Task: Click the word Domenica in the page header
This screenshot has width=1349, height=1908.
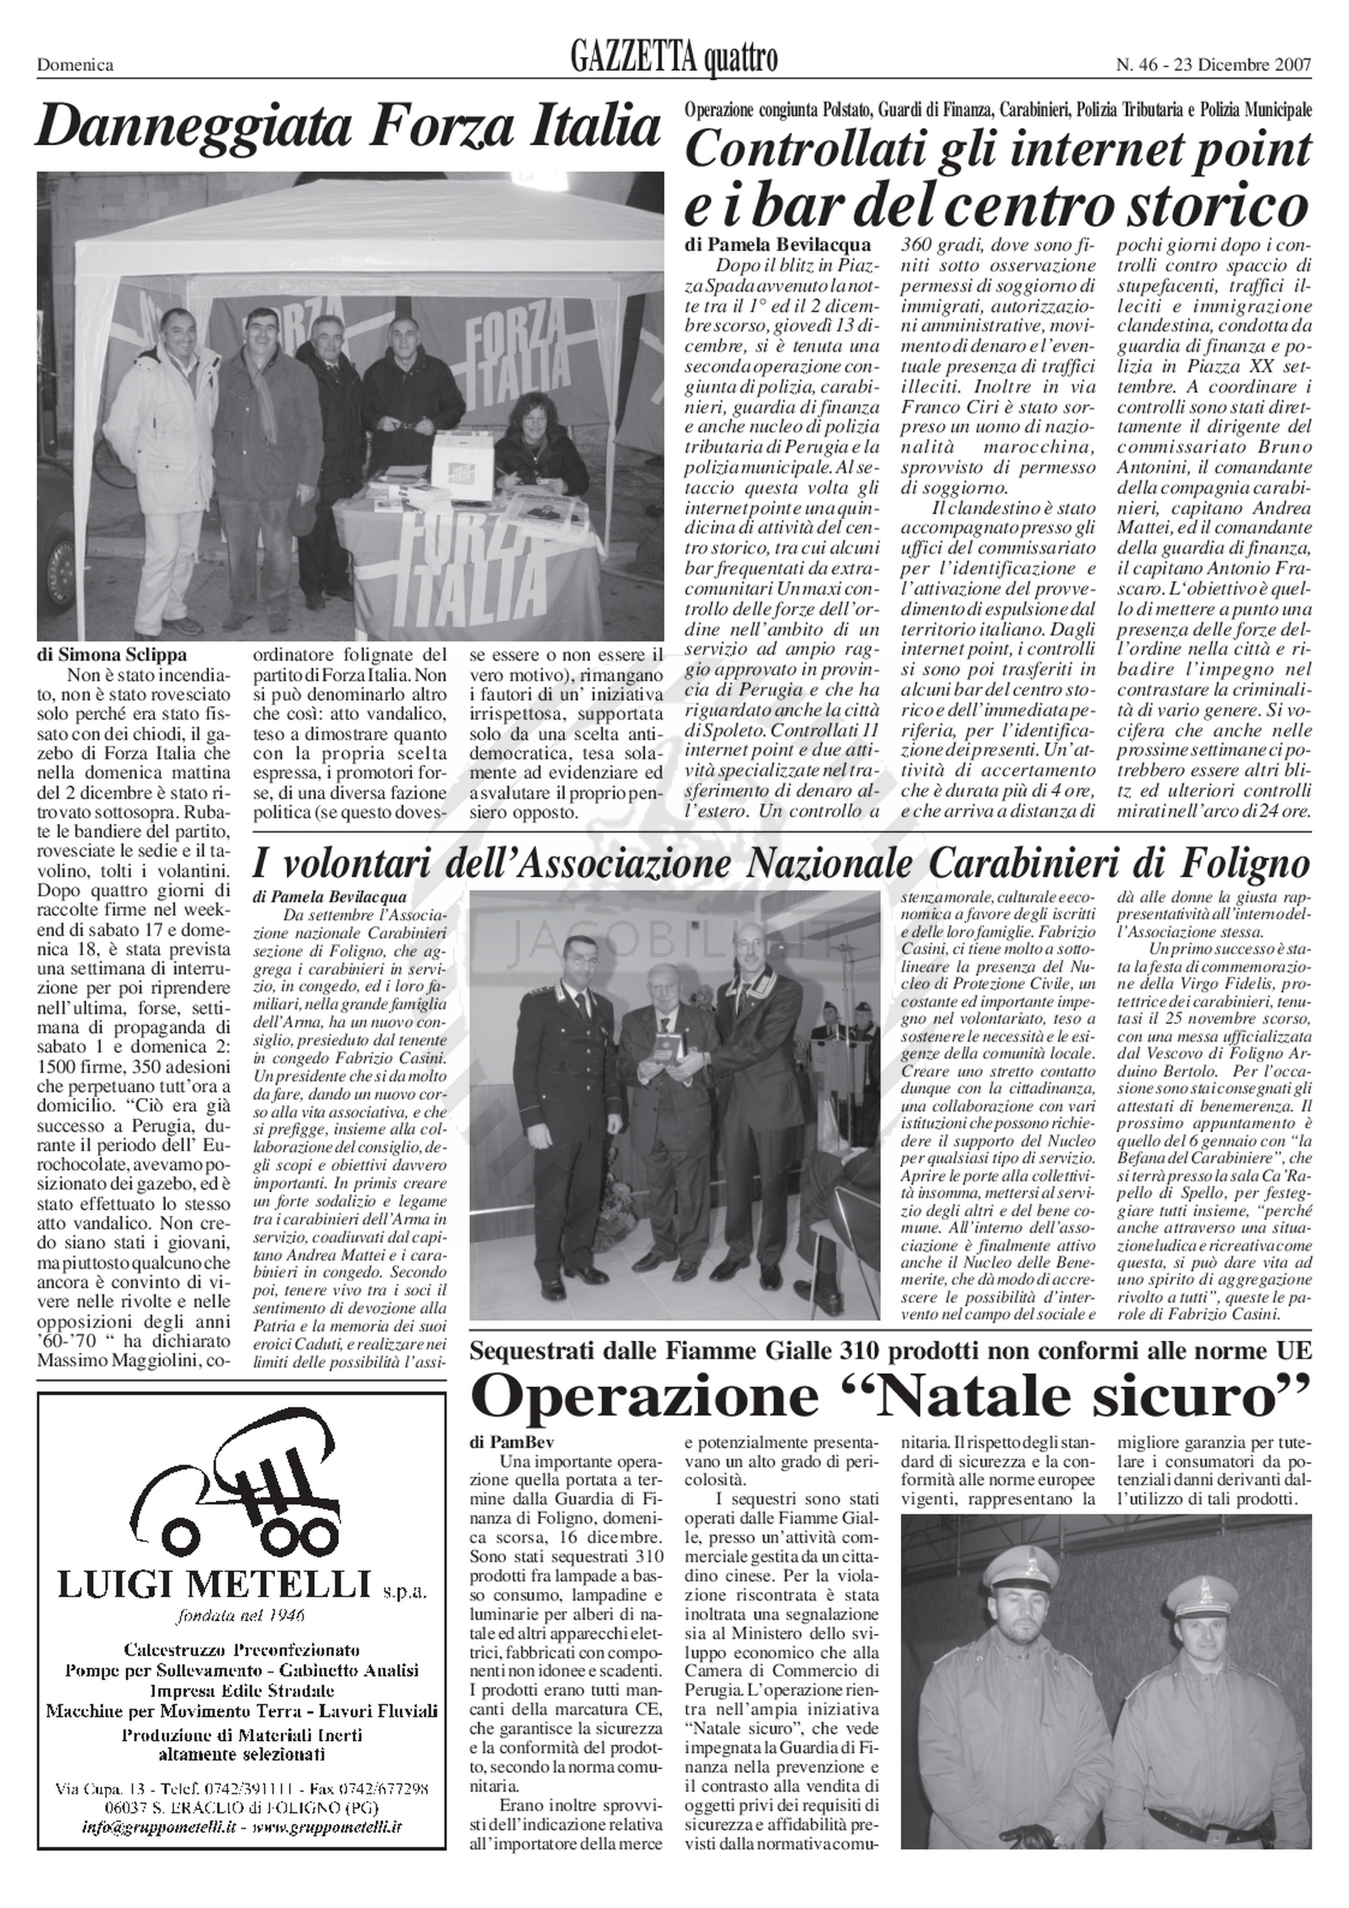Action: tap(75, 65)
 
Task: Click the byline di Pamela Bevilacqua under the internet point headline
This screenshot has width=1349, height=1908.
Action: tap(778, 245)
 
